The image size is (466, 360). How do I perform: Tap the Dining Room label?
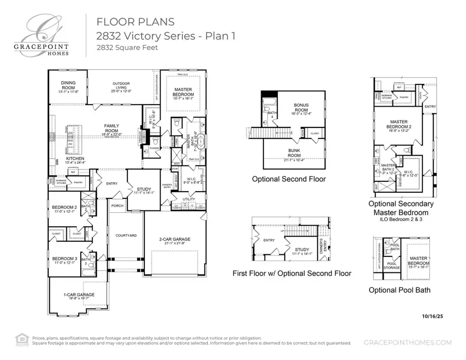68,86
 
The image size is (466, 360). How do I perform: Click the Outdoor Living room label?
121,86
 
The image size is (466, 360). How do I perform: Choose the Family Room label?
111,128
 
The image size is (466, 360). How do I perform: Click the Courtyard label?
126,235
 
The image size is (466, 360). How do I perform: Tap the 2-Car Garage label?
174,240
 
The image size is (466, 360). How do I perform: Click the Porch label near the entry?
117,205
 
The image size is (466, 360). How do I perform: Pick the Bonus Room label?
301,107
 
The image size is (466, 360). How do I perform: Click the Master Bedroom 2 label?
399,125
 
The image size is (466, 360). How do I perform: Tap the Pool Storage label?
391,266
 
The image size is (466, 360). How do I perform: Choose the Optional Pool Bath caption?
399,290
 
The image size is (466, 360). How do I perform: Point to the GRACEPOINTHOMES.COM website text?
407,342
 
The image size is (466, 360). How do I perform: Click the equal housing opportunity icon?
22,338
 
